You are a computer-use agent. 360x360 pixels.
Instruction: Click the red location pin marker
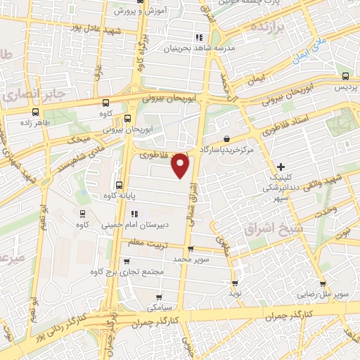pos(181,165)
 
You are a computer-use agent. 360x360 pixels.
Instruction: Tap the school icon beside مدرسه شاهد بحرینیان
pos(199,37)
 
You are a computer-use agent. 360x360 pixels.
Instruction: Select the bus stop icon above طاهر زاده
pos(36,110)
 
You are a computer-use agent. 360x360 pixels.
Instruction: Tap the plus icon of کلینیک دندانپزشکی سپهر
pos(281,167)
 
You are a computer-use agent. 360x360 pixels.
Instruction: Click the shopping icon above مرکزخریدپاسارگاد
pos(226,139)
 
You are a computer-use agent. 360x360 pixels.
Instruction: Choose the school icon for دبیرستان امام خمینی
pos(135,213)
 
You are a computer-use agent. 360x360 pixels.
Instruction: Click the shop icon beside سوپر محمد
pos(191,248)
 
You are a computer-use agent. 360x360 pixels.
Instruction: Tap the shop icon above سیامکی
pos(160,296)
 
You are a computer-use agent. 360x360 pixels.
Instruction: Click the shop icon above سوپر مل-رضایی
pos(323,284)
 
